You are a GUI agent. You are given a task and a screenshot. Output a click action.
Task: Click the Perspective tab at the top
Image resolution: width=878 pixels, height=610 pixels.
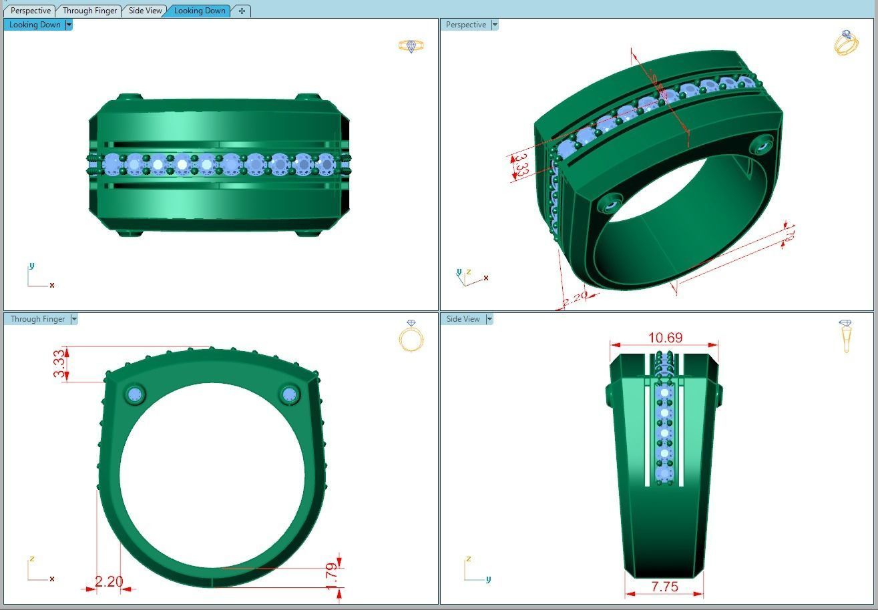point(31,11)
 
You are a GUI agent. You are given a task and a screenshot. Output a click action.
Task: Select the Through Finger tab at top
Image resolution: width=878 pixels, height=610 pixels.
point(89,11)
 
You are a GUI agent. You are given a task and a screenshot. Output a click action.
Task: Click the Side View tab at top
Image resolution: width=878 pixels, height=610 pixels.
point(145,11)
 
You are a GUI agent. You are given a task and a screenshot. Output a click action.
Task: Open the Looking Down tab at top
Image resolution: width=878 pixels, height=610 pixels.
point(200,11)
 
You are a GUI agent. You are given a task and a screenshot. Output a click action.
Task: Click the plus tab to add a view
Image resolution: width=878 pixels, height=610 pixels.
point(242,11)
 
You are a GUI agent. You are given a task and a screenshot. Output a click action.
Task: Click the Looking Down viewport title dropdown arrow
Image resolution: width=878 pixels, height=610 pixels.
point(69,25)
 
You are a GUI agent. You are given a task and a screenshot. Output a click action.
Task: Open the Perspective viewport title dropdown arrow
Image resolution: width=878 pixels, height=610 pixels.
point(495,25)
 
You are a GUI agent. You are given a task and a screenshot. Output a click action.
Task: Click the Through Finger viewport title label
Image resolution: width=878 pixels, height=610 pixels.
point(37,319)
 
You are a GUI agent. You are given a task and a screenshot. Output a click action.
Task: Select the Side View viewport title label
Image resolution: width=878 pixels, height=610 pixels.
point(463,319)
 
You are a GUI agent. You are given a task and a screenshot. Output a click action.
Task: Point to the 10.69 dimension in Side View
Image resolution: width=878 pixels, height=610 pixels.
point(665,338)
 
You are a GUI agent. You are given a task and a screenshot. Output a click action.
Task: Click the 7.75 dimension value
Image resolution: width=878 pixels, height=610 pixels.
point(664,587)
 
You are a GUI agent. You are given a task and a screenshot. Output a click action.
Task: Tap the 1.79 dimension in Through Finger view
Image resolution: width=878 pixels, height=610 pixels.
point(332,577)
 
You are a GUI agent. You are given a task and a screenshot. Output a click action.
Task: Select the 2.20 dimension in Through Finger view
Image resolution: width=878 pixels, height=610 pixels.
point(109,582)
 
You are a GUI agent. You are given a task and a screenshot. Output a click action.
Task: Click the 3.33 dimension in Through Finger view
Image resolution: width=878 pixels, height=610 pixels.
point(60,364)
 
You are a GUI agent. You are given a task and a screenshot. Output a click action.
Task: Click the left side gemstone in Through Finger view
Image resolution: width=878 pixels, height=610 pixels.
point(136,394)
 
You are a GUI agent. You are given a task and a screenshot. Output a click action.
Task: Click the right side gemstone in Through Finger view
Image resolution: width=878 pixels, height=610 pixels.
point(289,394)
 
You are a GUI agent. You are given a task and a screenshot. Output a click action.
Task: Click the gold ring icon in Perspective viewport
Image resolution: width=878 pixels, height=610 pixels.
point(846,43)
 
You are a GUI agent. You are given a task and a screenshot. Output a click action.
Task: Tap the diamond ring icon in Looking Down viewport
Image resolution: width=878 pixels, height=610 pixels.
point(411,45)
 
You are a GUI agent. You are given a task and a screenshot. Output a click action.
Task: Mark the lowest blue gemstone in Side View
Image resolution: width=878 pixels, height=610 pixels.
point(664,474)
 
